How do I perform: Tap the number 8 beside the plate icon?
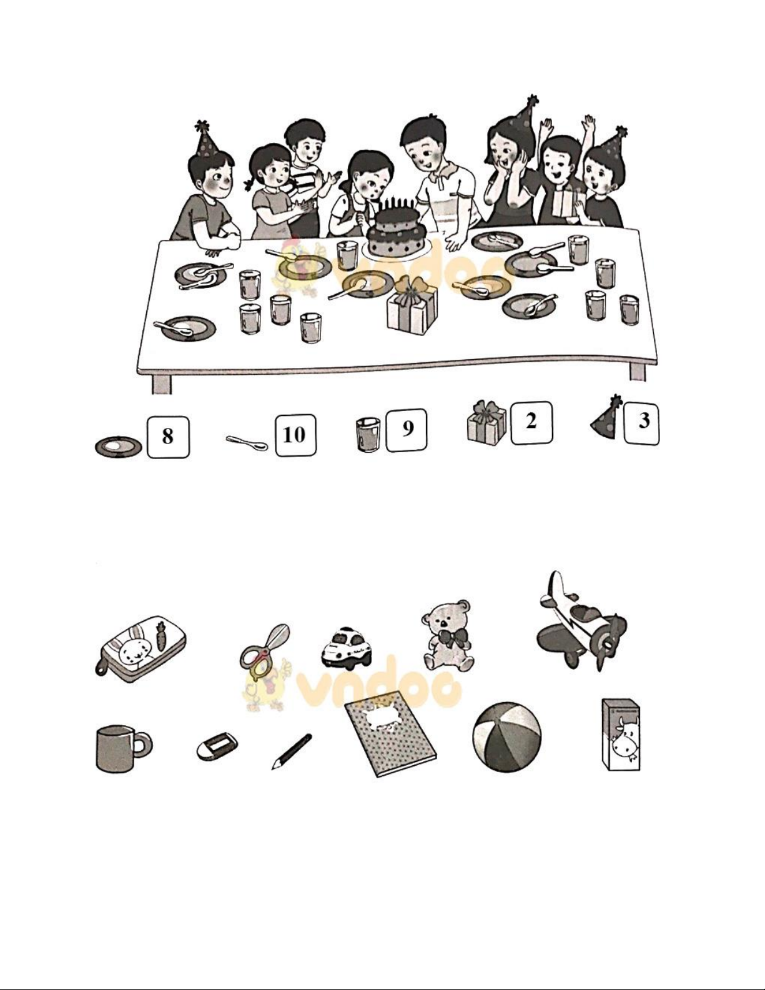[167, 437]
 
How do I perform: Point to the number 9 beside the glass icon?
[408, 428]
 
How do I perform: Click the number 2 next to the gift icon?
[531, 422]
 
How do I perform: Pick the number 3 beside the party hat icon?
[643, 420]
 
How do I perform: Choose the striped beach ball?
[507, 737]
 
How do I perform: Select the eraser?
[217, 746]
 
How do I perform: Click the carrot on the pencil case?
[160, 636]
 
